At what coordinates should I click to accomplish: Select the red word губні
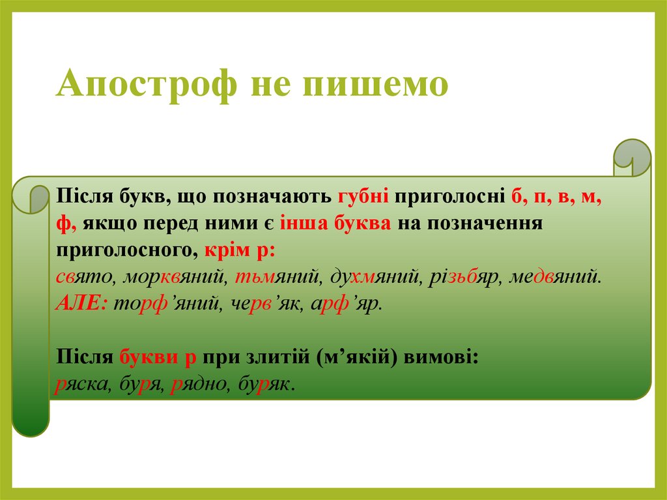coord(363,197)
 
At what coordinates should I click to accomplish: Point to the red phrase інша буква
coord(335,223)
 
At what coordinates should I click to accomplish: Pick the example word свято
coord(83,277)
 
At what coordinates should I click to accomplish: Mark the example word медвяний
coord(554,277)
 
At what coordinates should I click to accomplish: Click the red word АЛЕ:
coord(81,304)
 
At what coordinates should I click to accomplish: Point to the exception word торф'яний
coord(166,304)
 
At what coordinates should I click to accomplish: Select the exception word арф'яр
coord(345,304)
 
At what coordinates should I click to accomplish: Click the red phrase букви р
coord(158,357)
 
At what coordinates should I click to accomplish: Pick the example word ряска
coord(81,384)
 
